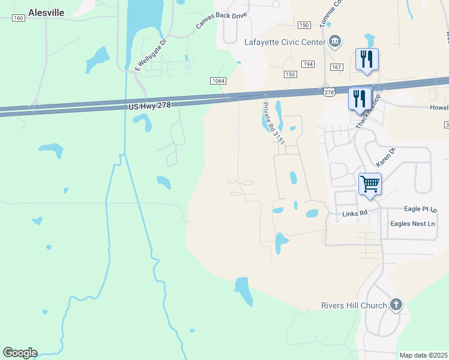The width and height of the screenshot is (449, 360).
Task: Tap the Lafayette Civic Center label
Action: pyautogui.click(x=284, y=42)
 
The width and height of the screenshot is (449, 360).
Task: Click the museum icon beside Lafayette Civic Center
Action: pyautogui.click(x=334, y=41)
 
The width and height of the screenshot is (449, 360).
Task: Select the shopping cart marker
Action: pyautogui.click(x=370, y=184)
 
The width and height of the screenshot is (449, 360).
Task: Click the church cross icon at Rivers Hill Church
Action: pyautogui.click(x=396, y=305)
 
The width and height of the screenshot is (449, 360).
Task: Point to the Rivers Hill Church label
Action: pyautogui.click(x=354, y=305)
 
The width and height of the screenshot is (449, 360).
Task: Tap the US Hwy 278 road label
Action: pyautogui.click(x=154, y=106)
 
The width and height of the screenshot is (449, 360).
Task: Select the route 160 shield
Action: pyautogui.click(x=18, y=18)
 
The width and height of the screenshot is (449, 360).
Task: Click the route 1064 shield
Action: pyautogui.click(x=218, y=81)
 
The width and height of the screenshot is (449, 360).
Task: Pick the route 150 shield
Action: pyautogui.click(x=304, y=25)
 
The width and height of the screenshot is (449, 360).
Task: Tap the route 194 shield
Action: pyautogui.click(x=308, y=64)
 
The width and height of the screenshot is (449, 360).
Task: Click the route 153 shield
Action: pyautogui.click(x=291, y=74)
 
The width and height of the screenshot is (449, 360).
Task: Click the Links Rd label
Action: pyautogui.click(x=354, y=213)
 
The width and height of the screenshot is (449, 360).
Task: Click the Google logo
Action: pyautogui.click(x=20, y=353)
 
